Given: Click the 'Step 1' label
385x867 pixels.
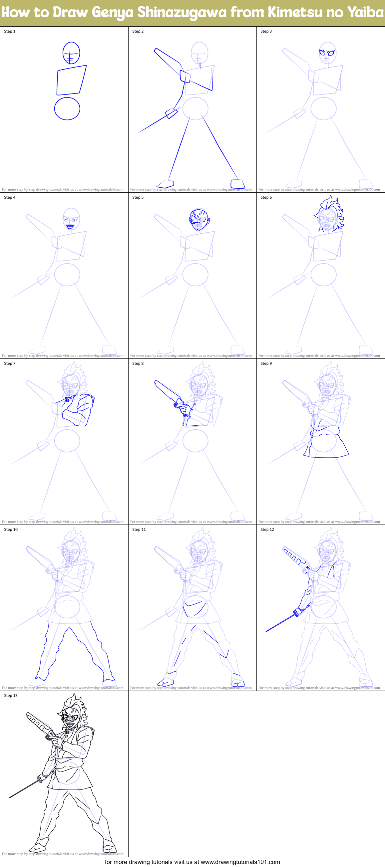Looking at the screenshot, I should pos(10,31).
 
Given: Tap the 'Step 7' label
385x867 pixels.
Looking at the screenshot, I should pos(10,363).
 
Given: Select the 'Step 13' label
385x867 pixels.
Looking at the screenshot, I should pos(11,696).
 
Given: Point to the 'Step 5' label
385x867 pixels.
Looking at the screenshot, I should pos(138,197).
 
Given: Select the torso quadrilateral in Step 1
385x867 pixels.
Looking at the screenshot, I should pos(71,80).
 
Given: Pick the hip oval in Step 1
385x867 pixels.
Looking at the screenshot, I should pos(67,109).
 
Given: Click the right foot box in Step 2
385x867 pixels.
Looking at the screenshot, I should pos(237,184).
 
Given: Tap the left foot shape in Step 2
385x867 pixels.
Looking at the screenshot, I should pos(165,184).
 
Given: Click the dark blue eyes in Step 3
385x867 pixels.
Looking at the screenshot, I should pos(327,53).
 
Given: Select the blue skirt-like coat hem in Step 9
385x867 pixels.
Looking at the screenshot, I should pos(326,448).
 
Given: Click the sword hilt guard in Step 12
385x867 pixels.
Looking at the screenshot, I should pos(296,613).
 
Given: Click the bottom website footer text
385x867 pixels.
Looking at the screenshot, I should pos(192,862).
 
